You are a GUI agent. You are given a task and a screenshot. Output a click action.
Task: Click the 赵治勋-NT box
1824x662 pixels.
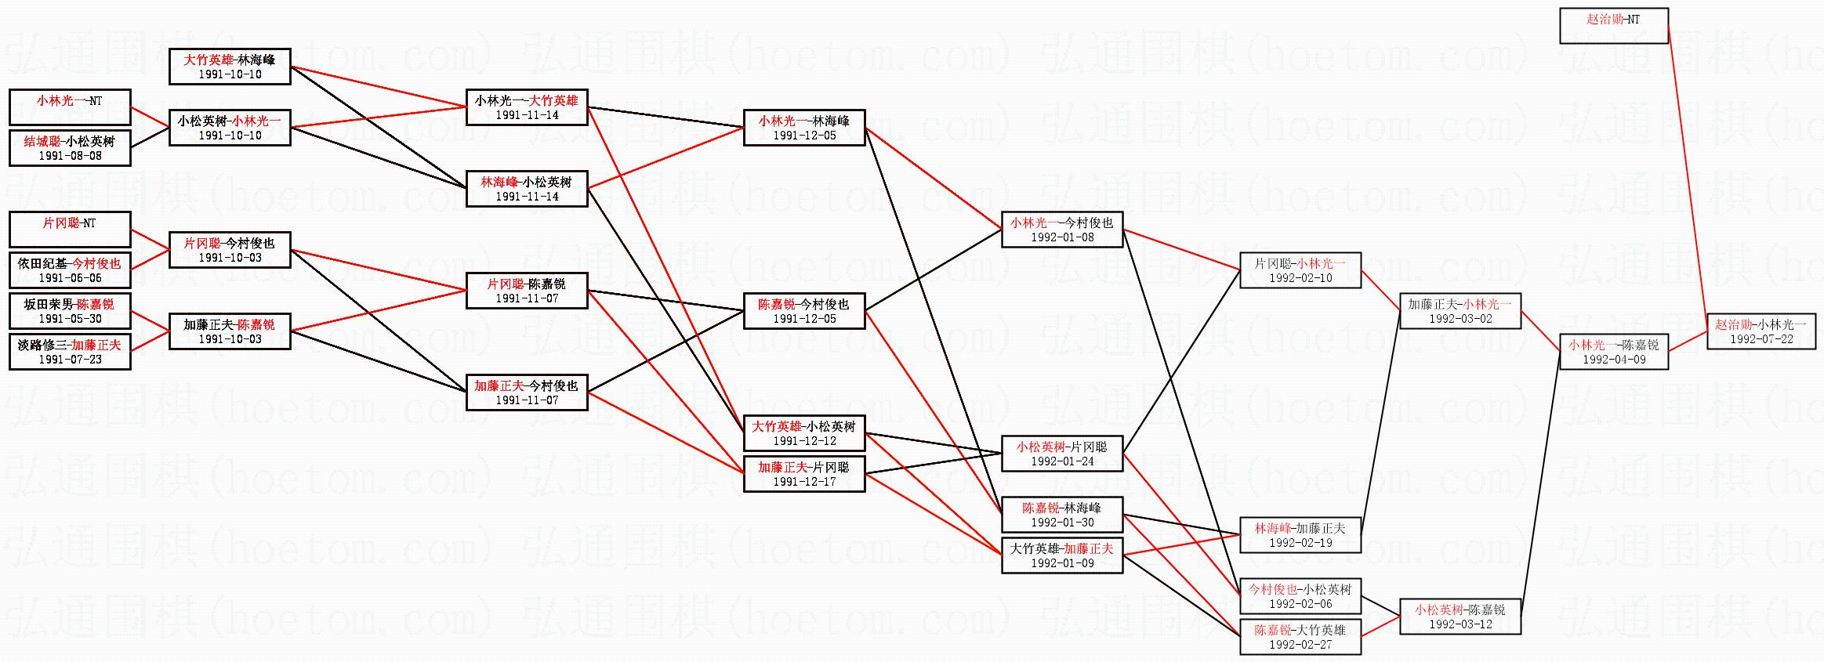click(x=1613, y=26)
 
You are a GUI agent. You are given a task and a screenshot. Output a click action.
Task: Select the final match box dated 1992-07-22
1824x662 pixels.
click(x=1761, y=331)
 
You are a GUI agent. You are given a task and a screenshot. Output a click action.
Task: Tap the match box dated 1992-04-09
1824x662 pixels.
click(x=1613, y=352)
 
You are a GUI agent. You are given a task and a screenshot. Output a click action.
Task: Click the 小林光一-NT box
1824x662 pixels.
click(x=70, y=107)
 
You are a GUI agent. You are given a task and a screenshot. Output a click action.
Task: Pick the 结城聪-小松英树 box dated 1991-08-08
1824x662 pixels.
click(x=70, y=148)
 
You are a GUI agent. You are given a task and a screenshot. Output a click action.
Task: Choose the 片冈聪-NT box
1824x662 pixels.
click(x=70, y=230)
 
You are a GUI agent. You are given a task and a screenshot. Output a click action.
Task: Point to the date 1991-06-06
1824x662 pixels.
click(x=70, y=278)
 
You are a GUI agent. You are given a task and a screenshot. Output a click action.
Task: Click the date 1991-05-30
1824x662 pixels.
click(x=70, y=319)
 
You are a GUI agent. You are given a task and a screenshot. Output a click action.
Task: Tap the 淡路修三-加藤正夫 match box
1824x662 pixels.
click(x=70, y=352)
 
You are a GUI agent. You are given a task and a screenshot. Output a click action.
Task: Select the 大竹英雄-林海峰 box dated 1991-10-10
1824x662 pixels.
click(x=230, y=67)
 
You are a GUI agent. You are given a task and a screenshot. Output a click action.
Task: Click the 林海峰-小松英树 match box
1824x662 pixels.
click(x=527, y=189)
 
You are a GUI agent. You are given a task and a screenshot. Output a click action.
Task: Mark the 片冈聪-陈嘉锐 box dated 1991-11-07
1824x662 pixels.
click(x=527, y=291)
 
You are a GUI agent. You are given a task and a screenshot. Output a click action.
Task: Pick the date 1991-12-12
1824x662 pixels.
click(x=804, y=441)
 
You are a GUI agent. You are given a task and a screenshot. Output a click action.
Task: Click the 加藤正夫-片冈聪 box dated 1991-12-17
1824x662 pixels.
click(x=804, y=474)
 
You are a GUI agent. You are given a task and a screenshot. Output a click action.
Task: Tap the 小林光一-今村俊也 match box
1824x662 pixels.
click(x=1062, y=230)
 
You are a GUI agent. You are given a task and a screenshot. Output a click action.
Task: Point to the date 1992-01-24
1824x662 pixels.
click(x=1062, y=461)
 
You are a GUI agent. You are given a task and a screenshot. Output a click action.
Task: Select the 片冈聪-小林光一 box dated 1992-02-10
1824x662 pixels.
click(x=1300, y=270)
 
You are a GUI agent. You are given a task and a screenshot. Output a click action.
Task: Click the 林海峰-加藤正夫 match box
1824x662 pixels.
click(x=1300, y=535)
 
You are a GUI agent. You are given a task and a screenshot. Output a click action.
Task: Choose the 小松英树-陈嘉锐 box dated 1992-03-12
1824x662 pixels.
click(x=1460, y=617)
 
